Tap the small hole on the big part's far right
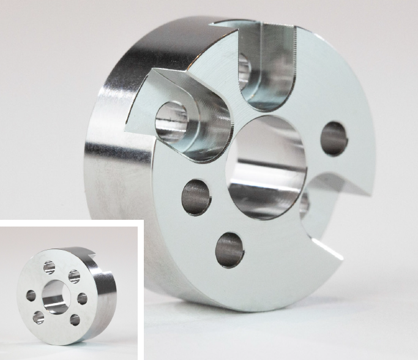(x=334, y=137)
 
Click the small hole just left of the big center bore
(x=196, y=197)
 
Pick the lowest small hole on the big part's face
(x=230, y=250)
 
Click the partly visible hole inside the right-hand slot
(x=304, y=204)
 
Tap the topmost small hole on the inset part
(x=50, y=268)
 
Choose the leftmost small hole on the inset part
(x=31, y=296)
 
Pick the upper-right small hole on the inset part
(x=74, y=276)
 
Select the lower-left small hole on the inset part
(x=39, y=317)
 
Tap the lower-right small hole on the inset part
(x=75, y=319)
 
